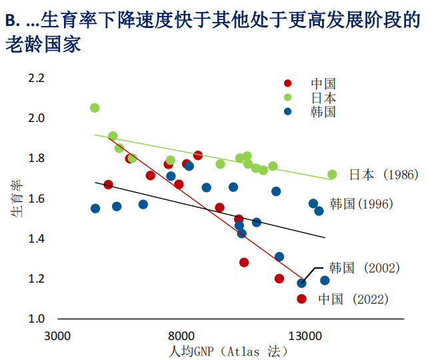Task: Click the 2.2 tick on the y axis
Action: tap(36, 79)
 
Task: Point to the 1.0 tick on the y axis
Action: tap(36, 319)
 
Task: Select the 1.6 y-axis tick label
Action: tap(36, 199)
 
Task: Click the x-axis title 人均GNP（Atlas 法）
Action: tap(229, 351)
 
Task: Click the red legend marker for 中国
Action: tap(288, 84)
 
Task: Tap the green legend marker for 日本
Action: tap(288, 97)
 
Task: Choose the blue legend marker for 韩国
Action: tap(288, 111)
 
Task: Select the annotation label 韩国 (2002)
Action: tap(365, 268)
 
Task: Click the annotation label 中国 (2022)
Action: tap(353, 299)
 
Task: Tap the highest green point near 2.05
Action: tap(95, 108)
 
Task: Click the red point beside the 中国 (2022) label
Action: tap(302, 299)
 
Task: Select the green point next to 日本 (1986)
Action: tap(332, 175)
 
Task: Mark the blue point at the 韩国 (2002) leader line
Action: tap(302, 283)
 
